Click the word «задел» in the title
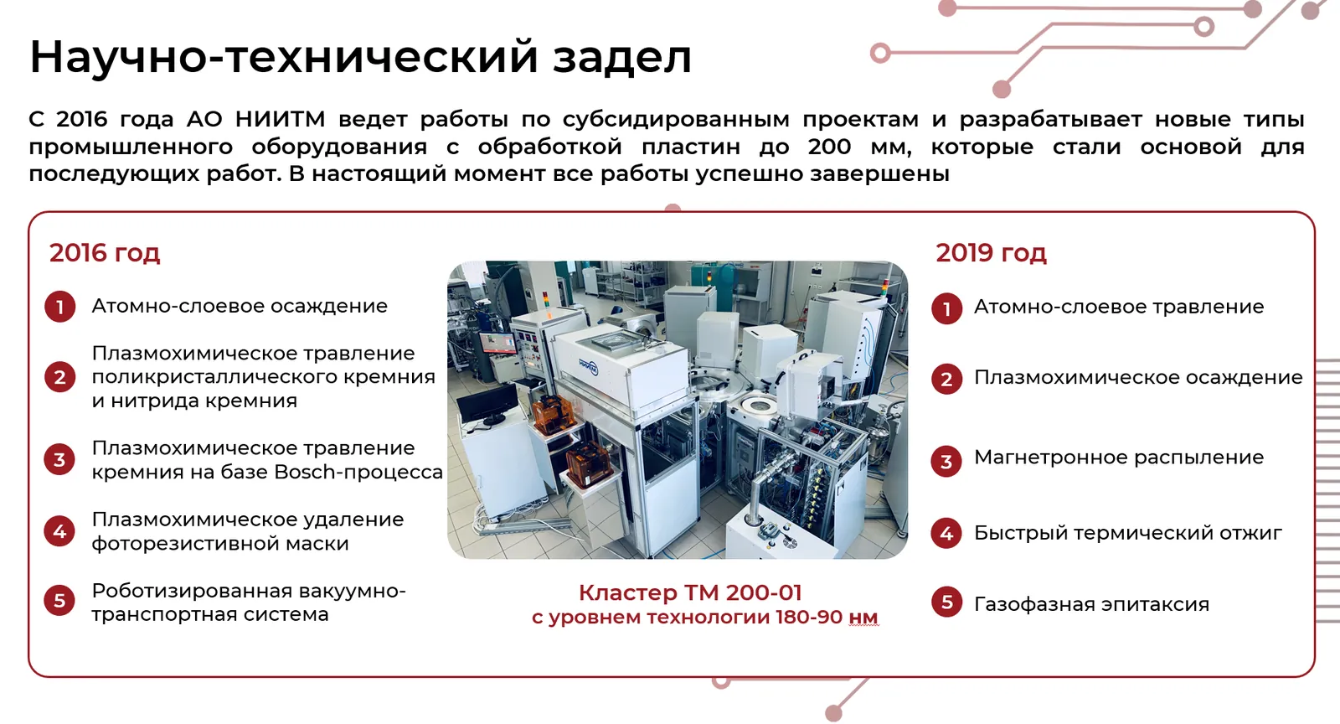coord(622,58)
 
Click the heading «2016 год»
coord(105,253)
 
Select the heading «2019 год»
coord(992,253)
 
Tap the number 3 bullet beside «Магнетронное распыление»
coord(946,462)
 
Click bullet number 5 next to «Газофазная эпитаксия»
coord(946,602)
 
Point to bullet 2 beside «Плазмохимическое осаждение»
coord(946,379)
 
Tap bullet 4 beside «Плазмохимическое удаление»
coord(59,530)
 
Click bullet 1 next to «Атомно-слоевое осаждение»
coord(59,307)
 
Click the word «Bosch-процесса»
coord(358,472)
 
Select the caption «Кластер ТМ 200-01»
coord(690,592)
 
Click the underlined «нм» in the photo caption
coord(863,617)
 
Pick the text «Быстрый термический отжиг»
coord(1127,533)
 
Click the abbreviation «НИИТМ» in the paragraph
coord(280,119)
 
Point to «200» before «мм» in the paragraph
coord(829,147)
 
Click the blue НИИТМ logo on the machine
coord(588,365)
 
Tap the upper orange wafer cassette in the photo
coord(554,414)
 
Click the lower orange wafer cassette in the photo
coord(589,464)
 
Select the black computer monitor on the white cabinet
coord(487,404)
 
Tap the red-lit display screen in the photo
coord(497,344)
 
